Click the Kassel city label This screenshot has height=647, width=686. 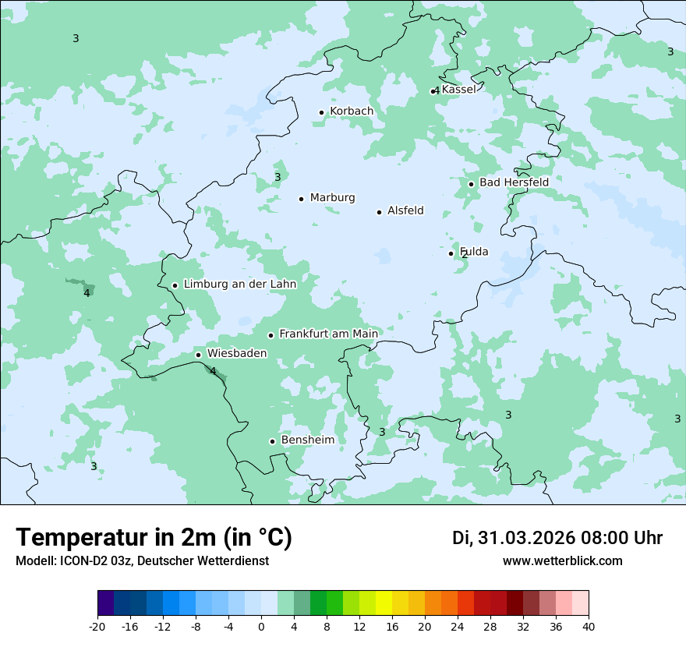coord(458,90)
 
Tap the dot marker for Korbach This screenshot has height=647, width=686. coord(321,112)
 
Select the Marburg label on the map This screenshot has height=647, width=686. coord(332,198)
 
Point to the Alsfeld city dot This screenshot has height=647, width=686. coord(379,212)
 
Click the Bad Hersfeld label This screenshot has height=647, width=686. coord(514,182)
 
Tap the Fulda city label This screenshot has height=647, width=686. coord(474,252)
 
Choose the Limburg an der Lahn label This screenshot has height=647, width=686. coord(240,285)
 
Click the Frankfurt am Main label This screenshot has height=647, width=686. coord(328,334)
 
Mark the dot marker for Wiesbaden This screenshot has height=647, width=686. coord(198,355)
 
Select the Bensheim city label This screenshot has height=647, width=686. coord(308,440)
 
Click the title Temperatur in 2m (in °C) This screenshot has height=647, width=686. coord(154,538)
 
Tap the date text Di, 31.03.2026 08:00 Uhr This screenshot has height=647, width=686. coord(557,538)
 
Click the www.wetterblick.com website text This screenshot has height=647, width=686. coord(562,561)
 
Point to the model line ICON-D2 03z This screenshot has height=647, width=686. coord(142,561)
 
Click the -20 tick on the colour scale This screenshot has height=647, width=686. coord(97,626)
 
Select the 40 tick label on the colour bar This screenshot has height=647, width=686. coord(589,626)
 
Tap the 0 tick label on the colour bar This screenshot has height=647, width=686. coord(261,626)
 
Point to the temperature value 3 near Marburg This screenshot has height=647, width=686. coord(278,178)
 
